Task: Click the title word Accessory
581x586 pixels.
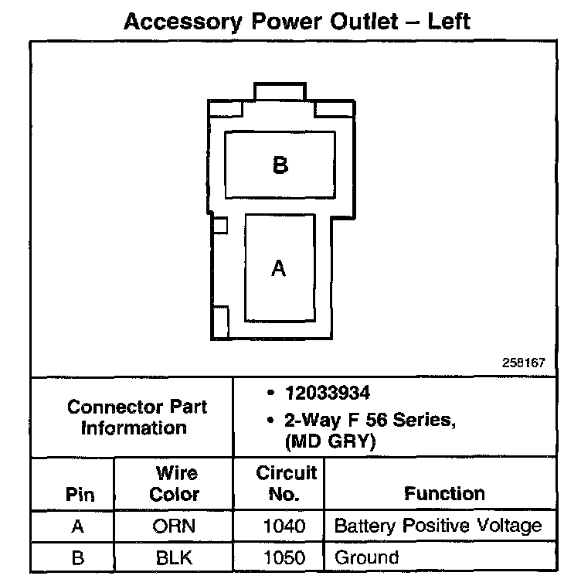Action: tap(183, 21)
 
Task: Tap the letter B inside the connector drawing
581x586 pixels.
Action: tap(280, 165)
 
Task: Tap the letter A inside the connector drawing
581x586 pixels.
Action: tap(279, 268)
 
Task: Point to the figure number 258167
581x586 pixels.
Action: tap(523, 362)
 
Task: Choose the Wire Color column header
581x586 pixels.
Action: tap(175, 483)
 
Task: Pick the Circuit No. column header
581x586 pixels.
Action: tap(286, 483)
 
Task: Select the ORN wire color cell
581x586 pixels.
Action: tap(175, 526)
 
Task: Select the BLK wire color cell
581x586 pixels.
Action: tap(175, 557)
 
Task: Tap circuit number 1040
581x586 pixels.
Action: tap(285, 526)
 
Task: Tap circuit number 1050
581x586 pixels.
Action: tap(285, 557)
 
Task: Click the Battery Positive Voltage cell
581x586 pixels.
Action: tap(438, 526)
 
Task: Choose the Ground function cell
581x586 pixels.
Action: tap(366, 557)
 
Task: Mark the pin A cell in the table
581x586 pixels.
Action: tap(77, 526)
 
